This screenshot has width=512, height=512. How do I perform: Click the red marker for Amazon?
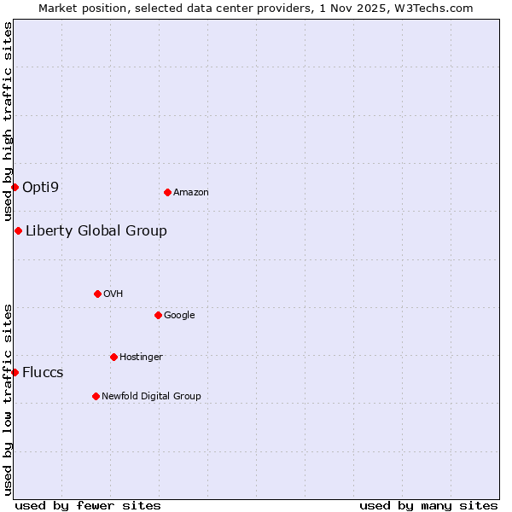point(167,192)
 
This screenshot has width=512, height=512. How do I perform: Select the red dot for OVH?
point(97,294)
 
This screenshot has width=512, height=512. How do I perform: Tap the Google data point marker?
point(158,315)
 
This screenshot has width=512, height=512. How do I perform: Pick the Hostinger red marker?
point(113,357)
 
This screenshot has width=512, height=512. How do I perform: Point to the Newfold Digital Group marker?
point(96,396)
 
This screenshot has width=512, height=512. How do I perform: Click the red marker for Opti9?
point(15,187)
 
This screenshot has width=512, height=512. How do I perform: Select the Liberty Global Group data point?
point(18,230)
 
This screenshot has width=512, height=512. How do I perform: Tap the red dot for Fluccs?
point(15,372)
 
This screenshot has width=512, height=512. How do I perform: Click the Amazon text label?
point(191,193)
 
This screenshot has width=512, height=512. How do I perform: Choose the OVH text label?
point(113,294)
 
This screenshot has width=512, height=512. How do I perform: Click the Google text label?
point(179,316)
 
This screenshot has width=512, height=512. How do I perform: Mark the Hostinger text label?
point(141,358)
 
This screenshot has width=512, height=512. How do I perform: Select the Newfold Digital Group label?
point(151,397)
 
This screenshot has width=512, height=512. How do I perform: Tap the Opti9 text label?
point(41,187)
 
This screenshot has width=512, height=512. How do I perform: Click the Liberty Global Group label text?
point(96,231)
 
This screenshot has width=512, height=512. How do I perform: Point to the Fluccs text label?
point(43,373)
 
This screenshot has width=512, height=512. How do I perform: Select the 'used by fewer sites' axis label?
point(88,506)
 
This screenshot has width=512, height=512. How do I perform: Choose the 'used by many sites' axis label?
point(428,506)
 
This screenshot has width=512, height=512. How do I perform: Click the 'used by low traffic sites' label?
point(8,399)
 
